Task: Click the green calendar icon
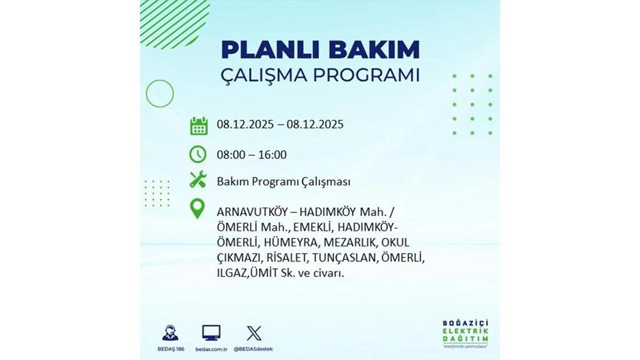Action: click(199, 125)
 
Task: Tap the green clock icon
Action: click(198, 154)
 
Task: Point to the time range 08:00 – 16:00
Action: click(252, 155)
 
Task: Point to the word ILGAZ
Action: click(232, 274)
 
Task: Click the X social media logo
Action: click(254, 333)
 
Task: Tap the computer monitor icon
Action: click(211, 333)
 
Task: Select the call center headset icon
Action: click(170, 333)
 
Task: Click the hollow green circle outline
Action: click(160, 93)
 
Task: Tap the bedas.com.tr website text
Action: click(211, 349)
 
